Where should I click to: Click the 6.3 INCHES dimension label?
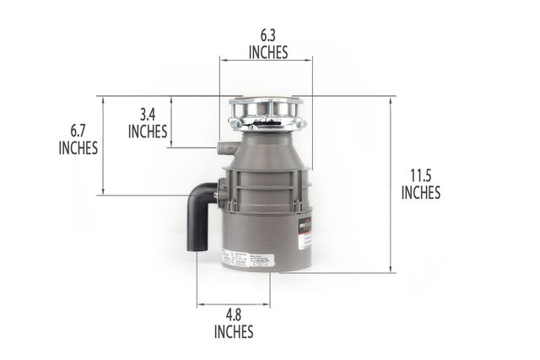[268, 44]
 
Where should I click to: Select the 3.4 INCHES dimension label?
[148, 122]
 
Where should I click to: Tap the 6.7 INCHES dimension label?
[78, 139]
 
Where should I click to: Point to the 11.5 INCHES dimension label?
[420, 184]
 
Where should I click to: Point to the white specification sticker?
[245, 259]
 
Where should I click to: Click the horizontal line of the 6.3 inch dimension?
[266, 59]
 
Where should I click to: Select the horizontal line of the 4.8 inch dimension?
[234, 305]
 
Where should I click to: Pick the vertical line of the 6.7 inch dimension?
[104, 146]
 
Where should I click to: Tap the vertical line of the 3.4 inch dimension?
[171, 122]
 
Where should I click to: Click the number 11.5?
[420, 175]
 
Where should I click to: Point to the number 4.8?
[234, 314]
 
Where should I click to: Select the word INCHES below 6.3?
[268, 52]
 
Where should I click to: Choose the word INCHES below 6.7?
[78, 148]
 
